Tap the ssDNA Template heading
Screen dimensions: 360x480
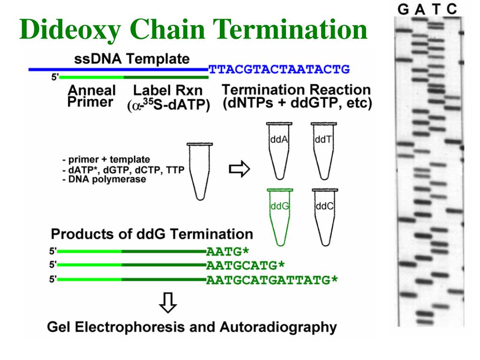point(132,60)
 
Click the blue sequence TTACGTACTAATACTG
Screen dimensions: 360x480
point(279,70)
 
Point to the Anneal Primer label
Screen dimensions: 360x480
point(91,96)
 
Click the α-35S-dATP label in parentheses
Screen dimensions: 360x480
point(168,106)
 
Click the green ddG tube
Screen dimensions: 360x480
point(280,215)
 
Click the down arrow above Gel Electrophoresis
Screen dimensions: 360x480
point(167,303)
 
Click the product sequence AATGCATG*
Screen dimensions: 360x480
point(246,266)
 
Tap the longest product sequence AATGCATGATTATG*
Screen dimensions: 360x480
point(272,280)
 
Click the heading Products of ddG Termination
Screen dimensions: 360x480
point(152,234)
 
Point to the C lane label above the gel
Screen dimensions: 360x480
point(452,9)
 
